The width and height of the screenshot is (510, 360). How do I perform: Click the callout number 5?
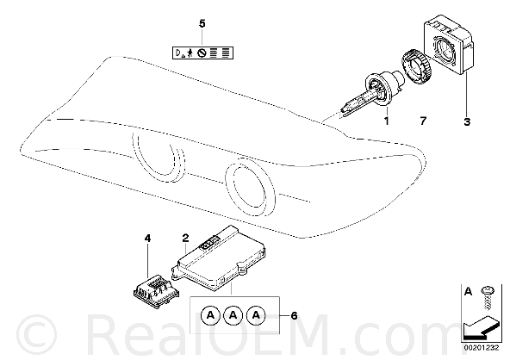tap(202, 24)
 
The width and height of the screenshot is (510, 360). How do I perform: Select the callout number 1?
tap(387, 121)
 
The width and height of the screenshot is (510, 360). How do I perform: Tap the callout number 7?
tap(422, 121)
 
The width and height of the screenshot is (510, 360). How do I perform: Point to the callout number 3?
tap(467, 122)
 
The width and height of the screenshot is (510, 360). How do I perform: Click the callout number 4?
tap(147, 239)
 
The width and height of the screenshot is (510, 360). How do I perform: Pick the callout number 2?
tap(185, 238)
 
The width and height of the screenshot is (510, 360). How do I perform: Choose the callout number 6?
tap(294, 315)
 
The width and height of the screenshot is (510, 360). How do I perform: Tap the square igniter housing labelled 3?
tap(449, 45)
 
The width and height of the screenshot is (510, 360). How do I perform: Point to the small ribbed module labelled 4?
tap(156, 291)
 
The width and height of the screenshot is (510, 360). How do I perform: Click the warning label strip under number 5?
tap(202, 53)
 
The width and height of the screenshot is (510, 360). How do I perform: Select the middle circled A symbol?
tap(233, 315)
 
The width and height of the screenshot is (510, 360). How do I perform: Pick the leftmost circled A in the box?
tap(211, 315)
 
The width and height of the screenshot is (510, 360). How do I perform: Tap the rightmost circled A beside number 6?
tap(257, 315)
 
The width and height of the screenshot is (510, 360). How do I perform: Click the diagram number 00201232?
tap(482, 348)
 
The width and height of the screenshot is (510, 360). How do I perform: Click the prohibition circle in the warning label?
tap(202, 53)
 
